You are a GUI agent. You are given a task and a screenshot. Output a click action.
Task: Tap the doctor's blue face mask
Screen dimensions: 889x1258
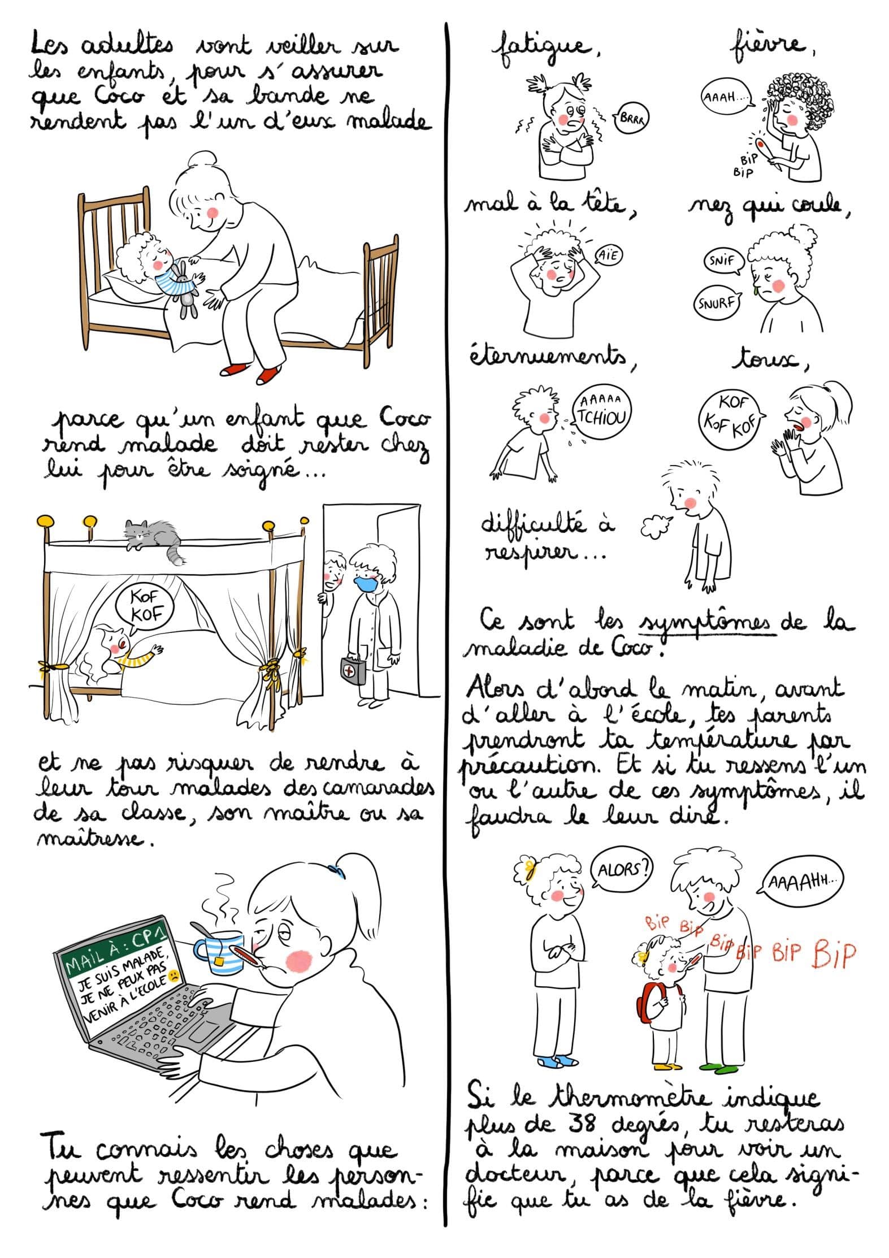pyautogui.click(x=366, y=583)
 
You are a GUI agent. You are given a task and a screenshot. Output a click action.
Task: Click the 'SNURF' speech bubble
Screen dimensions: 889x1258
pyautogui.click(x=717, y=303)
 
